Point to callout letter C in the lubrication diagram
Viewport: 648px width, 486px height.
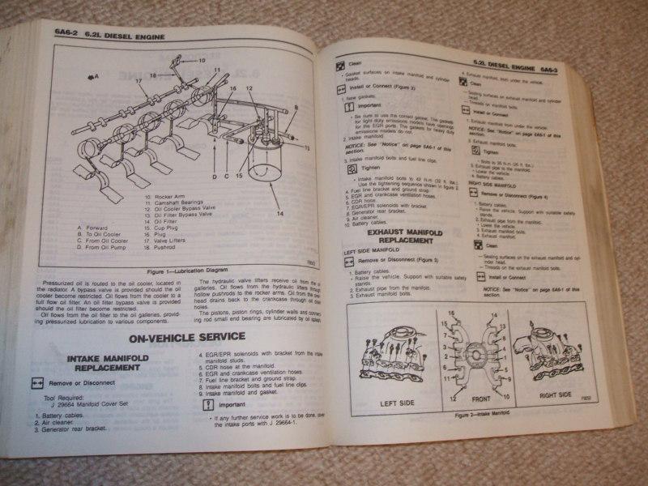click(x=228, y=176)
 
